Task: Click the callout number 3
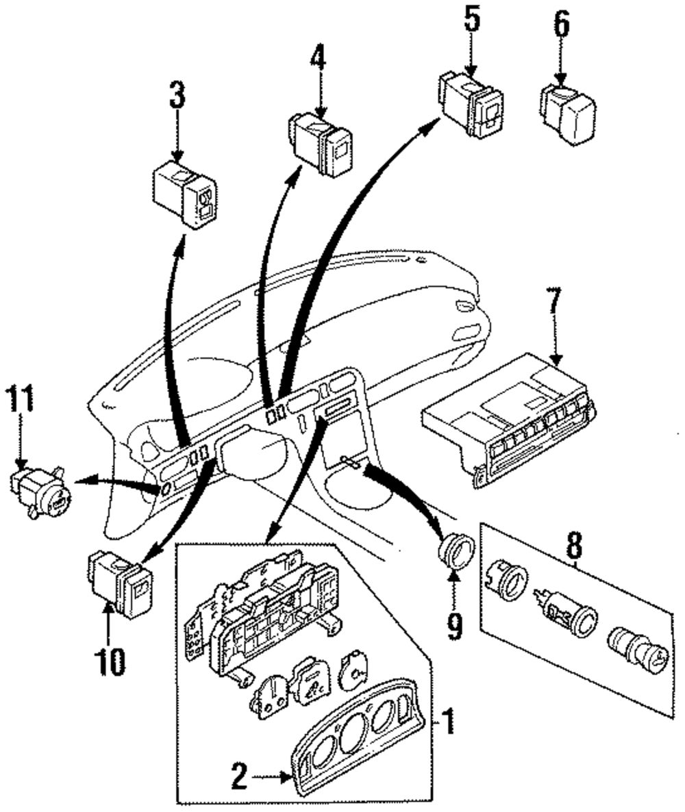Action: click(177, 96)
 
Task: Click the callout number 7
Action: click(553, 300)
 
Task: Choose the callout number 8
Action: click(574, 546)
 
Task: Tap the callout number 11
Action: click(21, 399)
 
